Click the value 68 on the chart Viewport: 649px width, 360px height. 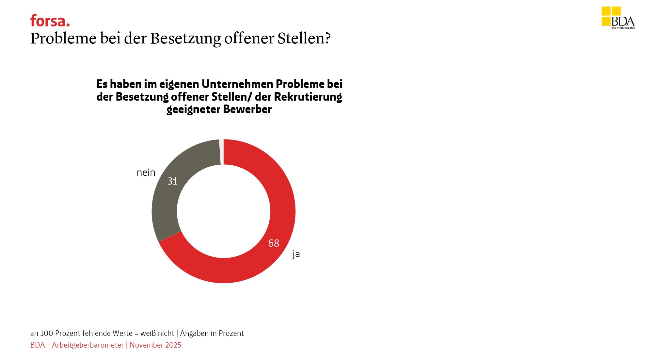pyautogui.click(x=274, y=243)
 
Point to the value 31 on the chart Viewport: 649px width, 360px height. pyautogui.click(x=173, y=181)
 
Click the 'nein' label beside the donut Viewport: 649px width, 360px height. pyautogui.click(x=146, y=172)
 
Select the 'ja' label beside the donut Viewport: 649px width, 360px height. pyautogui.click(x=296, y=254)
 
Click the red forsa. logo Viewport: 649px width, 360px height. pyautogui.click(x=50, y=21)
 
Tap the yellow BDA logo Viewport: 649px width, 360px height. pyautogui.click(x=618, y=18)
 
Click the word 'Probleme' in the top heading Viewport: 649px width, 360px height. pyautogui.click(x=63, y=38)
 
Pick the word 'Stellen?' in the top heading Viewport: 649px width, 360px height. pyautogui.click(x=304, y=38)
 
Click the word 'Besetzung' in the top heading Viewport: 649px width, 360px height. pyautogui.click(x=185, y=38)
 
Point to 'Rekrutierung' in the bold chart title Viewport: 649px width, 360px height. pyautogui.click(x=308, y=97)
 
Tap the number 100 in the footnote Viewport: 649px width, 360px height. pyautogui.click(x=46, y=333)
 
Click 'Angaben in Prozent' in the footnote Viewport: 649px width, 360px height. pyautogui.click(x=212, y=333)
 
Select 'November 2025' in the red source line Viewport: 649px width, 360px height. pyautogui.click(x=155, y=345)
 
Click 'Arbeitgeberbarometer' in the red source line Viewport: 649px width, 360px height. pyautogui.click(x=88, y=345)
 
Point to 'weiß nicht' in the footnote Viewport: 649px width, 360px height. pyautogui.click(x=157, y=333)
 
